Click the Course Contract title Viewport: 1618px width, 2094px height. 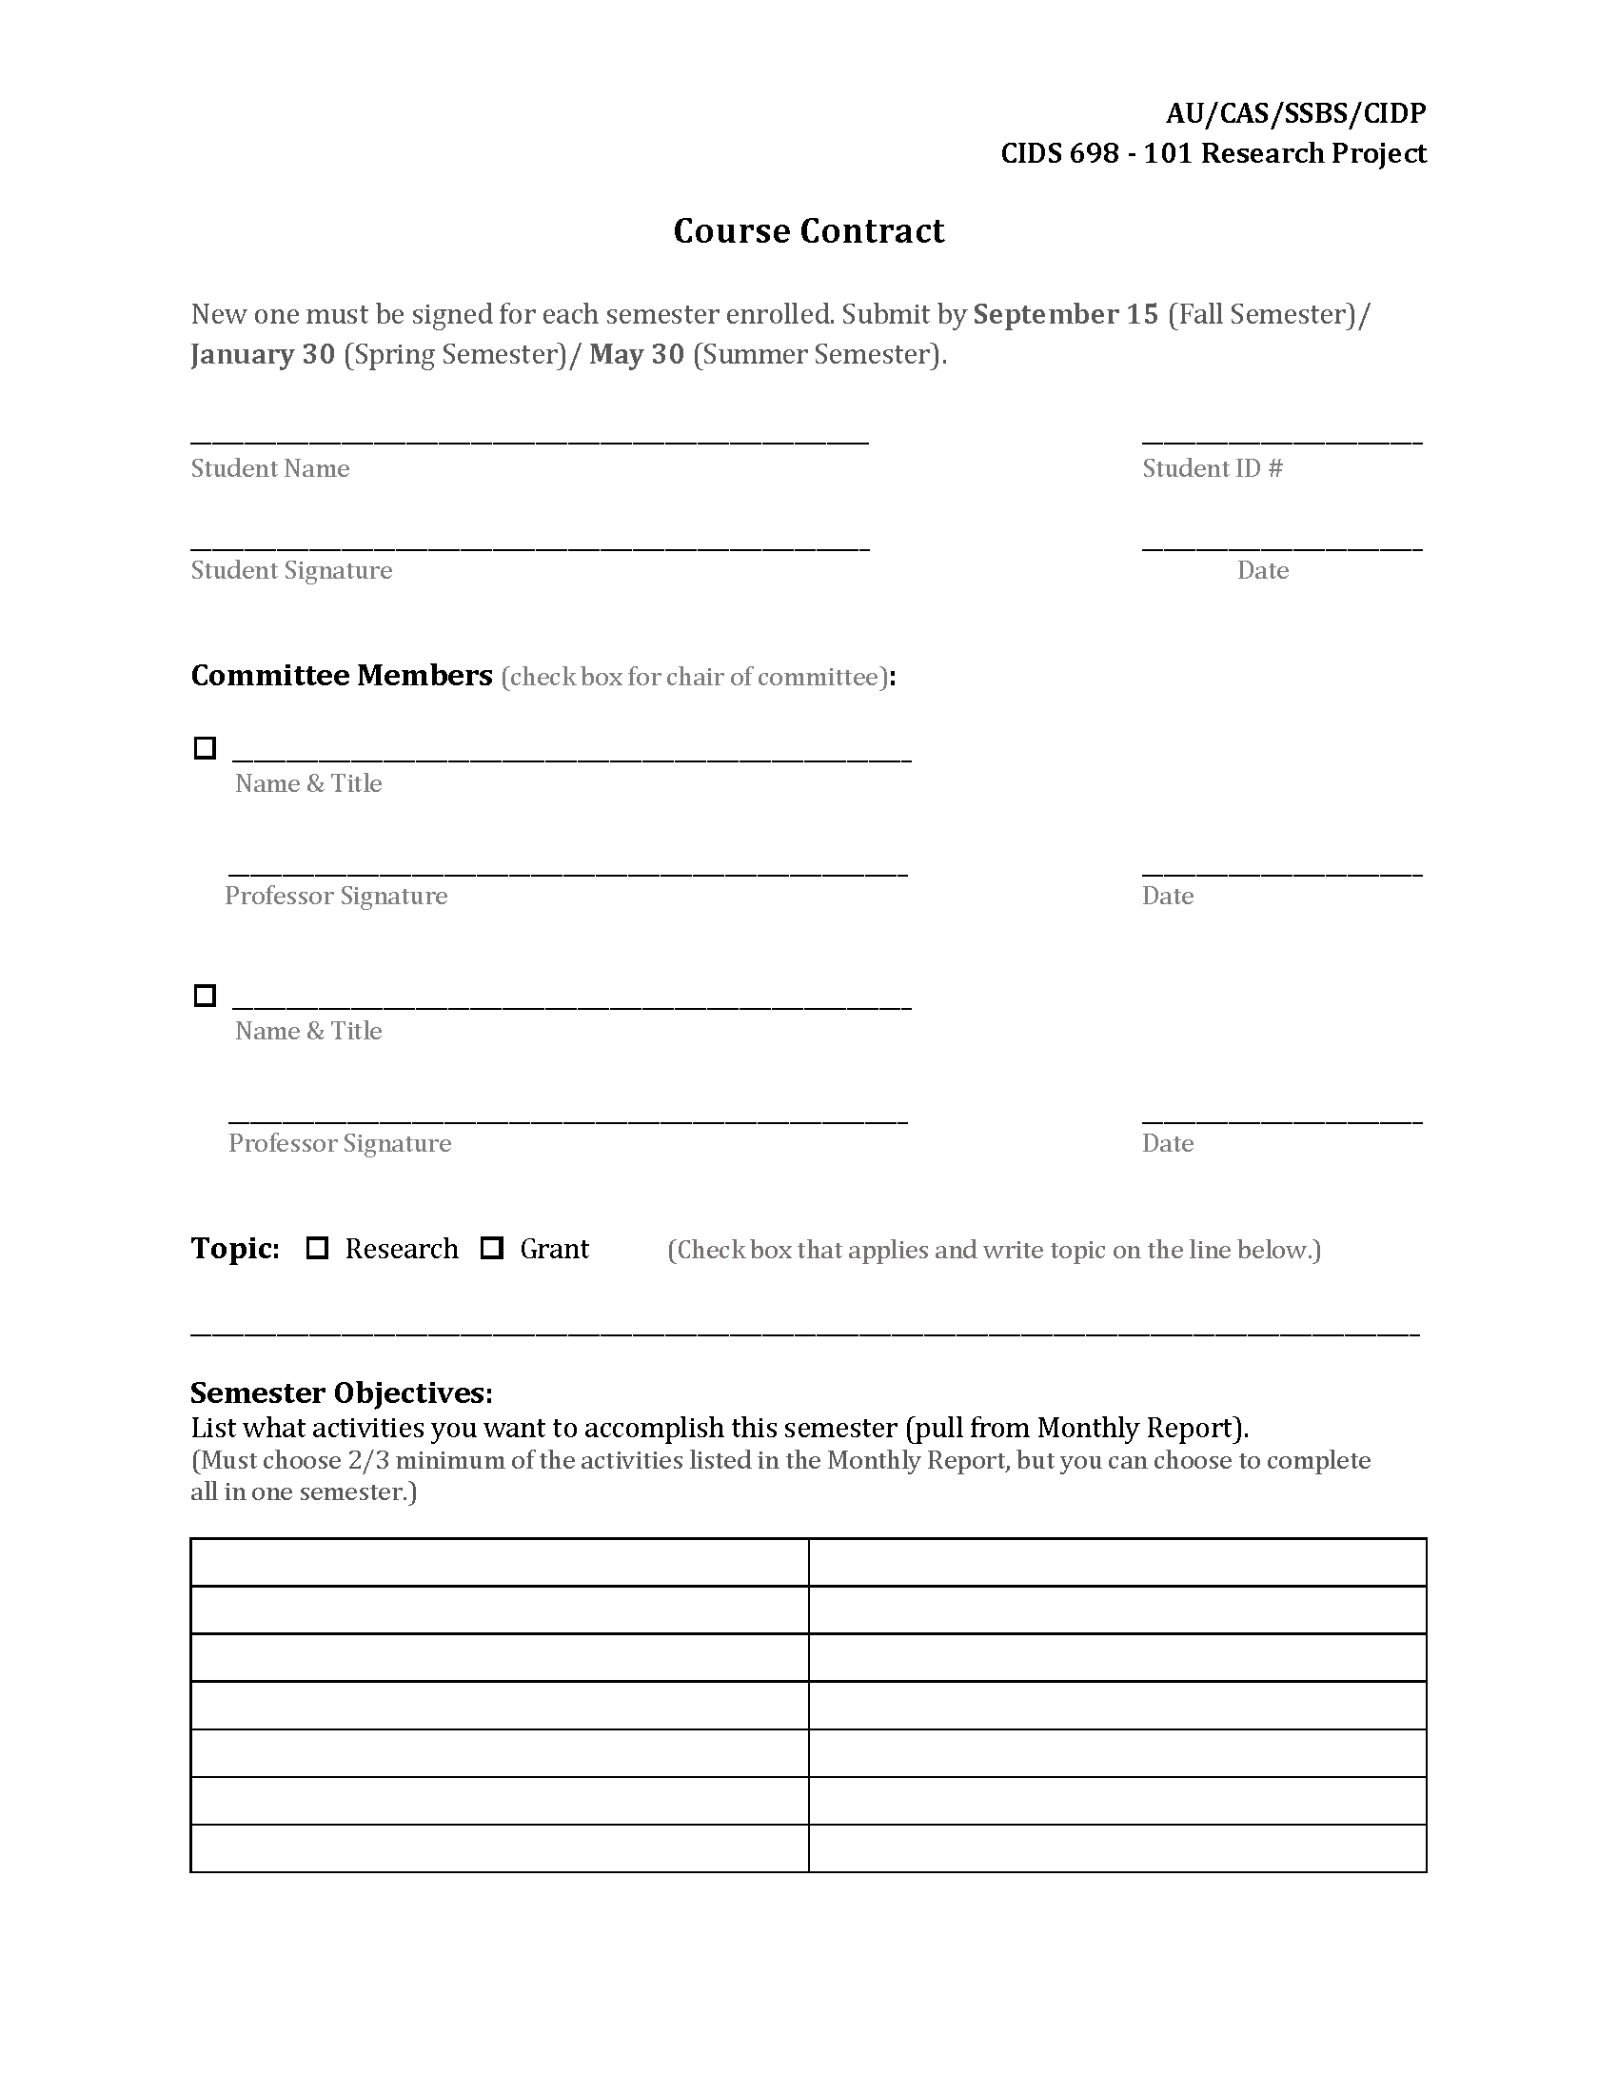(808, 231)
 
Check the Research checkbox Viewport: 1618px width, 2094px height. (317, 1249)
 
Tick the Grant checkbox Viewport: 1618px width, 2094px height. (492, 1249)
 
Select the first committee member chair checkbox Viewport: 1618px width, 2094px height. (206, 748)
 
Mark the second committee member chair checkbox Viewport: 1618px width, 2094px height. (206, 996)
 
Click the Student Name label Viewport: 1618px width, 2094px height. (269, 468)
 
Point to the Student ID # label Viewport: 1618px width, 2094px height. (1212, 468)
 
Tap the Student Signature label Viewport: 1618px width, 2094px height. (291, 570)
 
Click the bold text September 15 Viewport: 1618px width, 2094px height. (1066, 314)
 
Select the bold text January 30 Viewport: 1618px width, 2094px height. (263, 355)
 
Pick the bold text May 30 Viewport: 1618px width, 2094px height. (637, 355)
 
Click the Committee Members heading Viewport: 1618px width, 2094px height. (342, 676)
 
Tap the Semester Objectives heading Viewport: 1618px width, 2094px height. (342, 1393)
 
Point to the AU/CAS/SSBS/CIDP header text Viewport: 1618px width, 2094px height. (1295, 113)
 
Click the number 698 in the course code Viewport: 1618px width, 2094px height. (1093, 153)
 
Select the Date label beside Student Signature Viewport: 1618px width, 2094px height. (1262, 570)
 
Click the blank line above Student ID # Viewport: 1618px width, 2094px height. (1282, 439)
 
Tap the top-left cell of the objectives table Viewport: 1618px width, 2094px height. (500, 1563)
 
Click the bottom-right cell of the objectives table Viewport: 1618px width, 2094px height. (1116, 1847)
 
